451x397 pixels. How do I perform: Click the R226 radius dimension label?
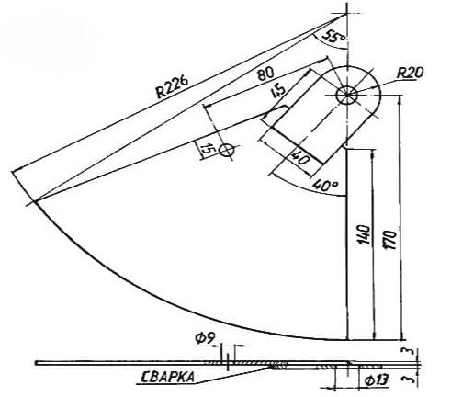pyautogui.click(x=172, y=87)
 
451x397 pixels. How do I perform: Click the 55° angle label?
pyautogui.click(x=333, y=37)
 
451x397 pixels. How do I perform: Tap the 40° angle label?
pyautogui.click(x=325, y=186)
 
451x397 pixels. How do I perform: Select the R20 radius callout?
pyautogui.click(x=411, y=73)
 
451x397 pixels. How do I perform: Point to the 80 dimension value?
pyautogui.click(x=265, y=74)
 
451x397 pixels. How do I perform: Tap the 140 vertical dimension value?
pyautogui.click(x=365, y=234)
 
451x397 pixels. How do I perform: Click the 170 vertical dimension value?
pyautogui.click(x=390, y=240)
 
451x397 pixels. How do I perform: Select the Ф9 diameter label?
pyautogui.click(x=205, y=338)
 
